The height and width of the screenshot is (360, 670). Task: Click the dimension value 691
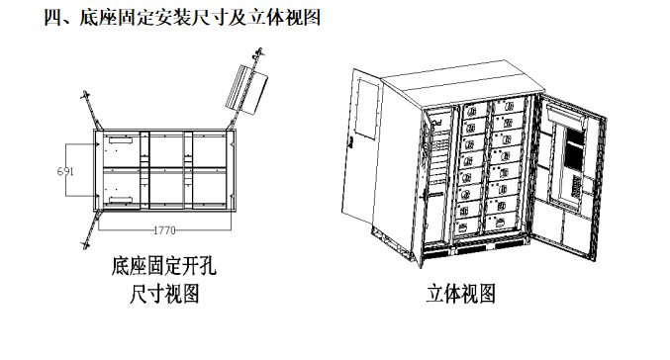[65, 171]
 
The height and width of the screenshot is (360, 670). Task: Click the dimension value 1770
[164, 230]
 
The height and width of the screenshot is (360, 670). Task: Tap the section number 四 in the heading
[53, 18]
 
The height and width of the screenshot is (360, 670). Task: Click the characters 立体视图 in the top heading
[285, 18]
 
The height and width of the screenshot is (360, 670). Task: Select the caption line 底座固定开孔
[164, 266]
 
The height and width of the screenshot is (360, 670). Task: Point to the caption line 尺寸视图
[164, 295]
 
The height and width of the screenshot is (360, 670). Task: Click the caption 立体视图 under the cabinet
[461, 295]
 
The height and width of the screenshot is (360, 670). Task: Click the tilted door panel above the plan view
[246, 89]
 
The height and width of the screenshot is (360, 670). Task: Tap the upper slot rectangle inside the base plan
[121, 140]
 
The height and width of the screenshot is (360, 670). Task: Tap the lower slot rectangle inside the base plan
[121, 200]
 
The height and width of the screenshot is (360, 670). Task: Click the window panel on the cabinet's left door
[367, 108]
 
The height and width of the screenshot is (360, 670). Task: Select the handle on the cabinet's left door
[351, 142]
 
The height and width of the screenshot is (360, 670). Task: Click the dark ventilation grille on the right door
[573, 150]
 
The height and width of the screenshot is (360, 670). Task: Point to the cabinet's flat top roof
[463, 83]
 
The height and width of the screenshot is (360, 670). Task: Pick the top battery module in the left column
[475, 111]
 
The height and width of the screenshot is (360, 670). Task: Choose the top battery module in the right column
[508, 106]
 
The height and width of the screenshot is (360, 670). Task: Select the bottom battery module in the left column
[468, 226]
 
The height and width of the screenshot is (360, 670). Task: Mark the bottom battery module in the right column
[501, 223]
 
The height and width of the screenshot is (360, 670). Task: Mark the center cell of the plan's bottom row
[166, 189]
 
